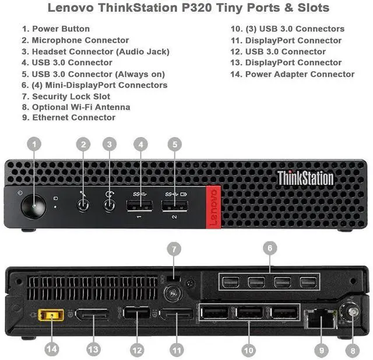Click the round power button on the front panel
coord(33,207)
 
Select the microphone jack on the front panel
coord(84,205)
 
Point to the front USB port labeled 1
coord(140,206)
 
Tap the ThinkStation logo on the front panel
coord(305,178)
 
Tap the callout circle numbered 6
coord(269,248)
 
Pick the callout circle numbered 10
coord(249,349)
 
